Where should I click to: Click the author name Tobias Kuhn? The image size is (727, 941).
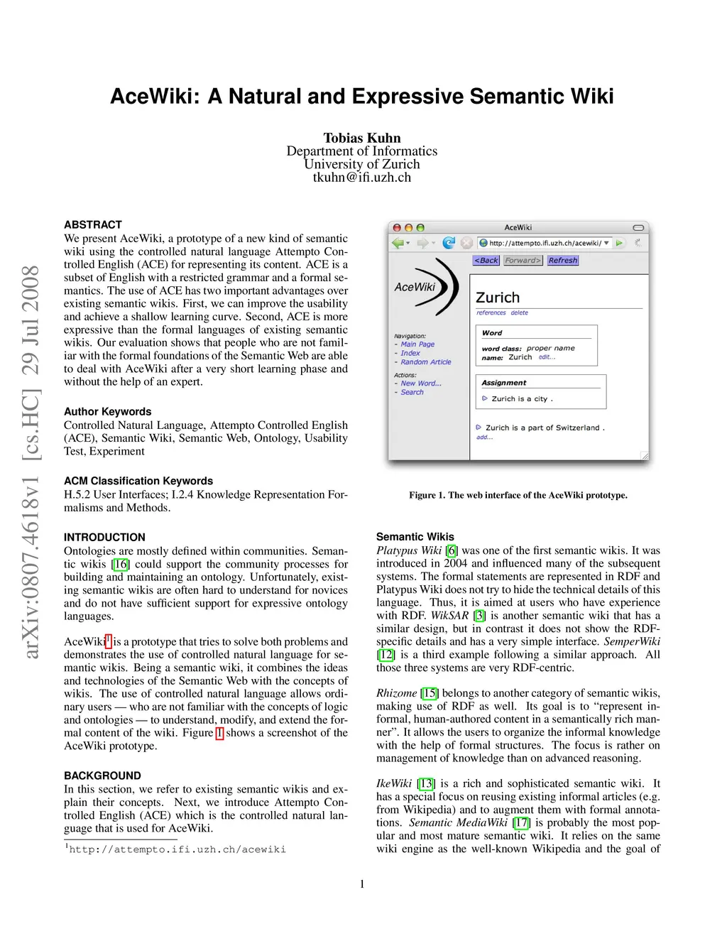pos(362,138)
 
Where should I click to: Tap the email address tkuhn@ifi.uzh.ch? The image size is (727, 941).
pos(362,178)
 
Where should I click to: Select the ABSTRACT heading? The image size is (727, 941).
pos(93,224)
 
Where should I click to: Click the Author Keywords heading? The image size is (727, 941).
pos(108,412)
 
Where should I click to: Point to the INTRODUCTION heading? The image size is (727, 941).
pos(104,538)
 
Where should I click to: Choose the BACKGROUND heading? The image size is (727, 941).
pos(102,776)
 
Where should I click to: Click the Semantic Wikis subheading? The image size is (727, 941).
pos(415,537)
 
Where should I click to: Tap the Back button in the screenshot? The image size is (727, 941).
pos(486,261)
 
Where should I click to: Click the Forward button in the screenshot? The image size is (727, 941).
pos(523,261)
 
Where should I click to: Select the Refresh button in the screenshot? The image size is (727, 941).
pos(563,261)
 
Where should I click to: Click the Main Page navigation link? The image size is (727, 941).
pos(417,344)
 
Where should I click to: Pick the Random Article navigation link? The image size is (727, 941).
pos(426,362)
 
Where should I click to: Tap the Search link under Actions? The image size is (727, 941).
pos(412,392)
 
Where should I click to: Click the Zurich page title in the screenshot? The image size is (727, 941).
pos(498,298)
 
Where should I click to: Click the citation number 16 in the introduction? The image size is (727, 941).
pos(121,564)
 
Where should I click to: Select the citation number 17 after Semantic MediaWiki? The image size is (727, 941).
pos(522,822)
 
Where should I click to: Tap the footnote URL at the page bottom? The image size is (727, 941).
pos(177,849)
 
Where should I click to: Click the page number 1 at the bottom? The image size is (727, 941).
pos(362,884)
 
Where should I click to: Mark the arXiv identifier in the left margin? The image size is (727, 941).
pos(31,462)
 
